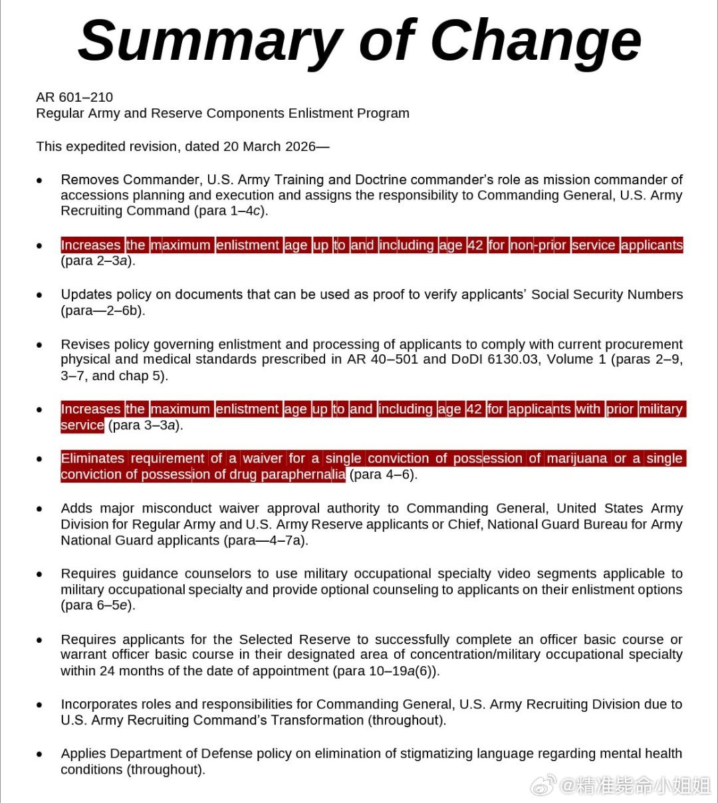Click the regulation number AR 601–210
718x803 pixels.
(74, 97)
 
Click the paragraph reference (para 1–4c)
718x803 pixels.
(230, 211)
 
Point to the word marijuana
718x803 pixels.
(577, 459)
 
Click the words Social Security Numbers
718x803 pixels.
(607, 294)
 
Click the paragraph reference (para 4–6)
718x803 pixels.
(383, 475)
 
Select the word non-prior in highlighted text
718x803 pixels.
(538, 245)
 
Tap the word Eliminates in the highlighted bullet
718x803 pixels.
(92, 459)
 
